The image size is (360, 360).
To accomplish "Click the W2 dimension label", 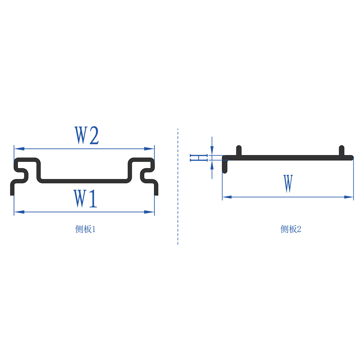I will click(87, 135).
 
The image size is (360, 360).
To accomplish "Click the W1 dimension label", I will click(86, 199).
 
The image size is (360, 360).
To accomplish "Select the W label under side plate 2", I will click(288, 184).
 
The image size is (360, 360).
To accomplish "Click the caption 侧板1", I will click(85, 229).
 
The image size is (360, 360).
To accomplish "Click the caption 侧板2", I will click(291, 229).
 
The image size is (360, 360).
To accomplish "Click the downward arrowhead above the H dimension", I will click(212, 151).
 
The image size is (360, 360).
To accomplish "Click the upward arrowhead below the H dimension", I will click(212, 165).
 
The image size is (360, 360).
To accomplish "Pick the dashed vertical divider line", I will click(178, 187).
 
